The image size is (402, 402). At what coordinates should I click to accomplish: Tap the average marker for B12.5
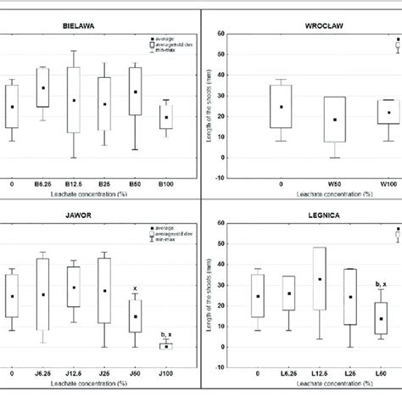[x=74, y=100]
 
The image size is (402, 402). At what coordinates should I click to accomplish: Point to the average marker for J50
[x=135, y=316]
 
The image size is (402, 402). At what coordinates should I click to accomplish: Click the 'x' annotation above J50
[x=135, y=289]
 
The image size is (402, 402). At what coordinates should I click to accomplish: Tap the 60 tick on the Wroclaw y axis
[x=221, y=34]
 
